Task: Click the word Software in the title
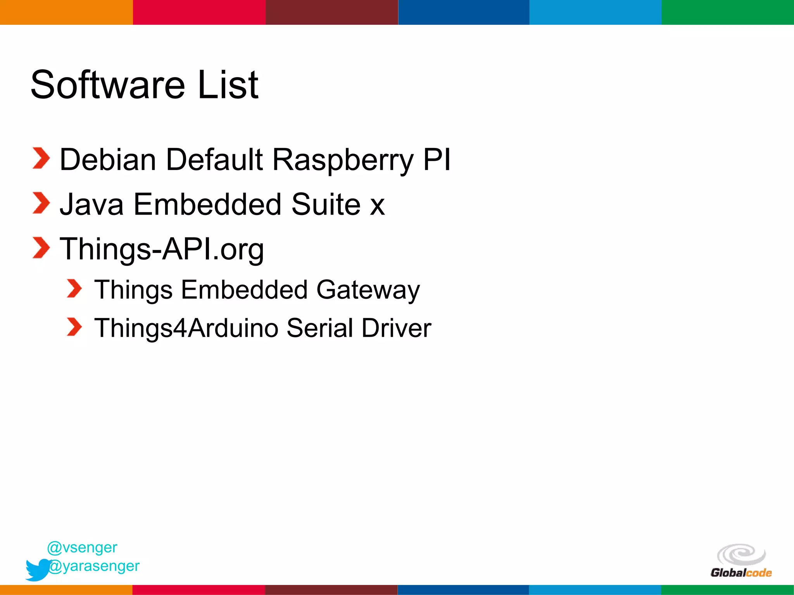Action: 108,84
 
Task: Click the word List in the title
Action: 228,84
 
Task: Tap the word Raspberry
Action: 343,160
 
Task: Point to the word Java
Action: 91,204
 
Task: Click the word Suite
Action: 326,204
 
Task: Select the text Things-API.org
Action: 162,249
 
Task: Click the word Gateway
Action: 368,290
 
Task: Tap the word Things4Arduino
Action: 186,328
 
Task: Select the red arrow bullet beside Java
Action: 41,203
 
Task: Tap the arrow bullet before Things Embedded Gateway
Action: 74,289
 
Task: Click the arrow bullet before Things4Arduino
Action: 74,327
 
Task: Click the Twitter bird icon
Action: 37,569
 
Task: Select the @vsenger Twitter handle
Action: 82,547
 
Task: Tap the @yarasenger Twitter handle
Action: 94,566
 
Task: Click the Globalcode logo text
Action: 741,573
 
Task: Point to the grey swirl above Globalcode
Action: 741,554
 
